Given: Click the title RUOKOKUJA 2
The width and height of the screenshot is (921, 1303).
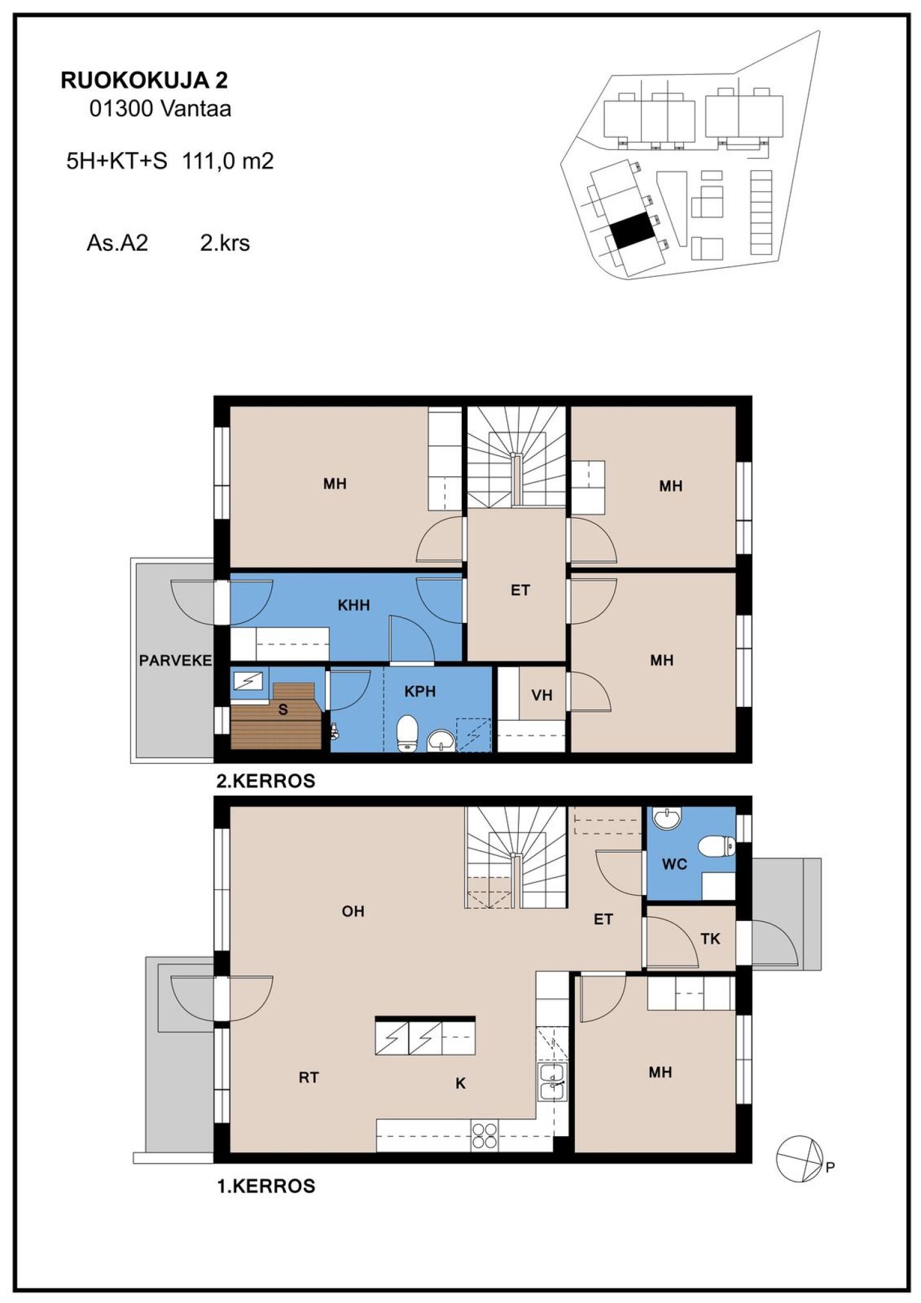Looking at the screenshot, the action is point(144,81).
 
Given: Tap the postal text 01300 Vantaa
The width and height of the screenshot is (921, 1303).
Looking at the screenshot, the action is point(160,109).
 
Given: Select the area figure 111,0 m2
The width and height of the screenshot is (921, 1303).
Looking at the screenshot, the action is point(228,161).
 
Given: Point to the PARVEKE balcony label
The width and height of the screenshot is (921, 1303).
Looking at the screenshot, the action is point(175,660).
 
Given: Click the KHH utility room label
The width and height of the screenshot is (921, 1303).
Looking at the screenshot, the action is point(354,604).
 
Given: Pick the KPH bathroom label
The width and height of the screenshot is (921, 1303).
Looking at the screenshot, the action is point(420,691).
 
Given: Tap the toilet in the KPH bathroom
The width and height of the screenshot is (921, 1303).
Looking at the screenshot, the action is point(407,733).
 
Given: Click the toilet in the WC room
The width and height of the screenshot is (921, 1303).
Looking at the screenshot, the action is point(717,846).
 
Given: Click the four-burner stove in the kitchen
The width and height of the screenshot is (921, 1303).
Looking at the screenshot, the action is point(484,1135).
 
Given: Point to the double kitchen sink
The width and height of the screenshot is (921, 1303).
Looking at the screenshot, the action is point(551,1082).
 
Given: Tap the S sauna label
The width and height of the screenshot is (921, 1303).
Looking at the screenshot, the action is point(283,709).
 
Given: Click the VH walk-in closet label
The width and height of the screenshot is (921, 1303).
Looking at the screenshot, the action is point(542,695).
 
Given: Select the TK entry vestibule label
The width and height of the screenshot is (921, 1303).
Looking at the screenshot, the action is point(710,938).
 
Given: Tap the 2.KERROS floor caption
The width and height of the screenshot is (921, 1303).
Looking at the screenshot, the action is point(265,781).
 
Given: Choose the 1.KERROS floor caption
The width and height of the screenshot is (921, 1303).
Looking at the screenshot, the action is point(267,1186).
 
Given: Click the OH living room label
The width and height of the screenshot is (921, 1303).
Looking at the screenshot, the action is point(353,911).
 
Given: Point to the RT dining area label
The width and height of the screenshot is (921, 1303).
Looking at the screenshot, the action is point(308,1077).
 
